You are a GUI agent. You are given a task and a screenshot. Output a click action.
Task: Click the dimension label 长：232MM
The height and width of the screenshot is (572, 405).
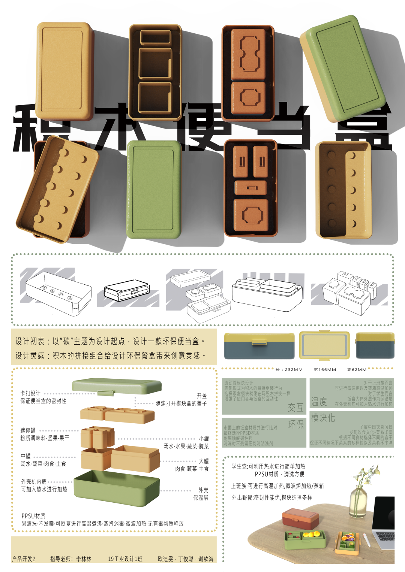(289, 370)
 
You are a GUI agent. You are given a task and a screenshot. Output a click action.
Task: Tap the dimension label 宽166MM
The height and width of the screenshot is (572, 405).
(325, 370)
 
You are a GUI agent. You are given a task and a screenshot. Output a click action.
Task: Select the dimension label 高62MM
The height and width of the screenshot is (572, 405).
(357, 370)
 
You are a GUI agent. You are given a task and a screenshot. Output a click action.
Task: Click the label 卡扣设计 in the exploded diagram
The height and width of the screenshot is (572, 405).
(30, 393)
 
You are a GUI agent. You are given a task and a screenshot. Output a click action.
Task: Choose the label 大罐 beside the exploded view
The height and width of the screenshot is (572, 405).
(204, 461)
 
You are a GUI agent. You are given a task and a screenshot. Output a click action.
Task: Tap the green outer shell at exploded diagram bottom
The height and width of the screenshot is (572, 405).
(116, 488)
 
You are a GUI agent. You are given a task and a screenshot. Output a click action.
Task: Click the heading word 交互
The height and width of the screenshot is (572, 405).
(295, 408)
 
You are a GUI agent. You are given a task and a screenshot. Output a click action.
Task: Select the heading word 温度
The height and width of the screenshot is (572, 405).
(319, 402)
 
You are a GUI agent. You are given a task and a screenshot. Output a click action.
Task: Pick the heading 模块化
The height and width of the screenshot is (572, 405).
(323, 418)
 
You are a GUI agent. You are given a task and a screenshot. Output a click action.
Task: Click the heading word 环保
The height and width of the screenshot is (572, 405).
(295, 424)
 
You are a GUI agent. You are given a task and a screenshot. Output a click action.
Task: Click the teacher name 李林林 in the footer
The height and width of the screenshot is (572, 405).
(84, 559)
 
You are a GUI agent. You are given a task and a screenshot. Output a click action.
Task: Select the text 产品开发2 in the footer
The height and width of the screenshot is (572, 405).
(24, 559)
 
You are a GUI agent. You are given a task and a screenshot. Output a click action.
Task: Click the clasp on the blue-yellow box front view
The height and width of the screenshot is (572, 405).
(259, 342)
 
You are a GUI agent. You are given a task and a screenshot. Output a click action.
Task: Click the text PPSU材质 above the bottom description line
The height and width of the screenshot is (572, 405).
(33, 516)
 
